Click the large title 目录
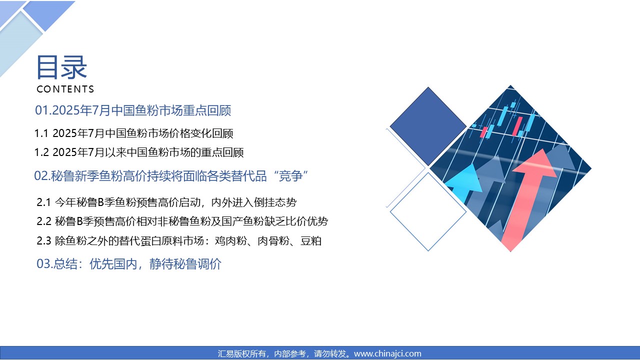tap(61, 67)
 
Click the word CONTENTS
tap(65, 89)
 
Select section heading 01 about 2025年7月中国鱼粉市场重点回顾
tap(133, 110)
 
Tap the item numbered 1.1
tap(133, 133)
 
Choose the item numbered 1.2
tap(139, 152)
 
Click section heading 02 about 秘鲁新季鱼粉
tap(171, 175)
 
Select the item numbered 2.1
tap(166, 202)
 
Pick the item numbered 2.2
tap(182, 221)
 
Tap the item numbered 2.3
tap(179, 241)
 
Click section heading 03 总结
tap(129, 263)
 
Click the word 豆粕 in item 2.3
tap(311, 241)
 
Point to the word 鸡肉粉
tap(230, 241)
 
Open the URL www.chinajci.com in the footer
tap(387, 353)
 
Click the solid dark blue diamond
tap(428, 126)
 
